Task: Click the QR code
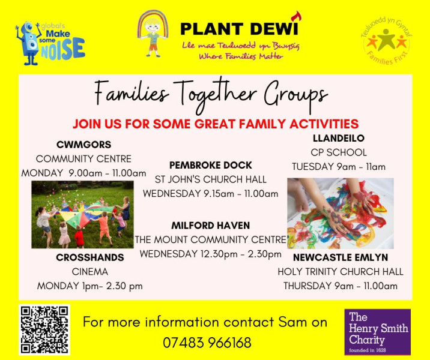(x=44, y=329)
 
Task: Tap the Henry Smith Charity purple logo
(x=378, y=332)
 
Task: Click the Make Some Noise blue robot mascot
(x=29, y=43)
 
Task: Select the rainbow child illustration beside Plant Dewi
(x=153, y=34)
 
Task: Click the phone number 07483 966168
(x=207, y=343)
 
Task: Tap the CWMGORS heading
(x=83, y=145)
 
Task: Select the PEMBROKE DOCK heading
(x=211, y=165)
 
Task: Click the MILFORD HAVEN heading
(x=211, y=225)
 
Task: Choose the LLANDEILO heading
(x=339, y=138)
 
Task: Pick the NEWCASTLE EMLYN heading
(x=341, y=257)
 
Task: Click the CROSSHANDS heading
(x=90, y=257)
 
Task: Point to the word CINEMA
(x=90, y=272)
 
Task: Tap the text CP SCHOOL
(x=339, y=152)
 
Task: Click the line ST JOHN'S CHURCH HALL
(x=211, y=179)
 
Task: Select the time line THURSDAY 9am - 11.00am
(x=341, y=286)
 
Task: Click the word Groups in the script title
(x=295, y=96)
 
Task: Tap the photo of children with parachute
(x=82, y=215)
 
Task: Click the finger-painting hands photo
(x=341, y=214)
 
